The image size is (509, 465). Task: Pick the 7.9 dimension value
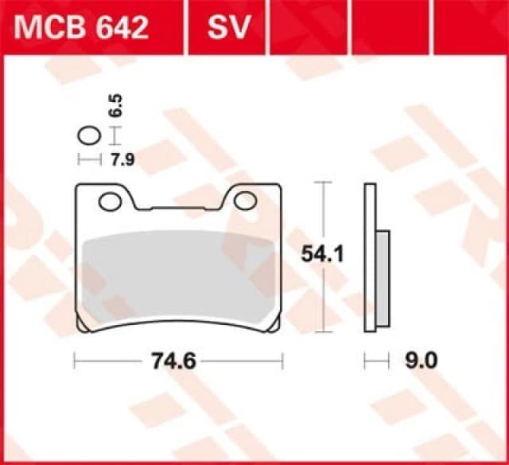122,160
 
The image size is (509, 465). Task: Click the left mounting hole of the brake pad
110,201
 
